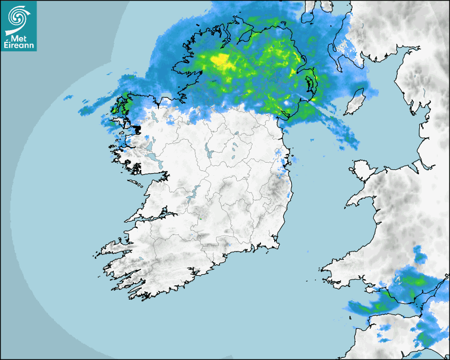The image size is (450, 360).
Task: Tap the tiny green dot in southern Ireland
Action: tap(201, 217)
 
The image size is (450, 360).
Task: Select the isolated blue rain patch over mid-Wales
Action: tap(419, 254)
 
